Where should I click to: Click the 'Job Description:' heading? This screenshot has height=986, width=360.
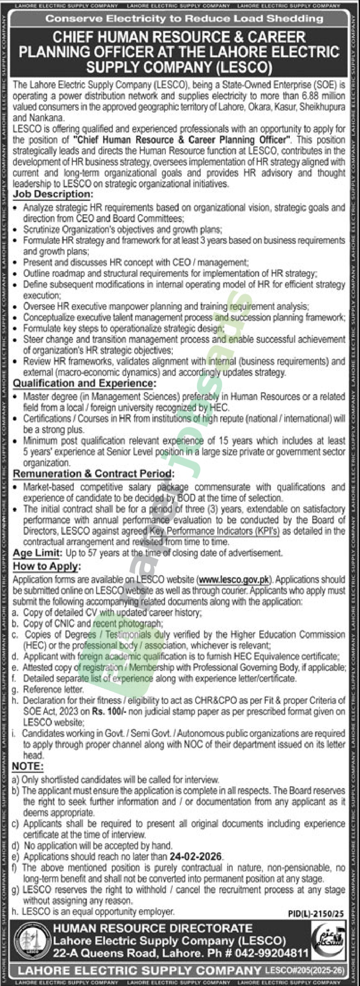53,194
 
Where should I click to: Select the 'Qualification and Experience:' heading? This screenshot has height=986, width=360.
85,383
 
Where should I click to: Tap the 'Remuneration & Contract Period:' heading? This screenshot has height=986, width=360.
93,474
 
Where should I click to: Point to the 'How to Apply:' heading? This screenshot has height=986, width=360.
46,566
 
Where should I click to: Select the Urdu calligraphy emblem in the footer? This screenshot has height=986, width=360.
329,940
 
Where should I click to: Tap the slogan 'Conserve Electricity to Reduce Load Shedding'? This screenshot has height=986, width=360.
184,19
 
